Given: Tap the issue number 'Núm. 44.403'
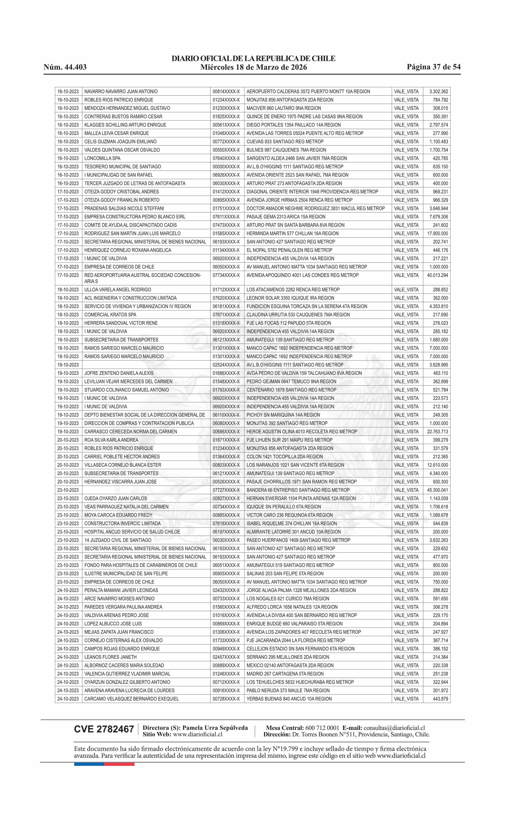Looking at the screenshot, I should [65, 67].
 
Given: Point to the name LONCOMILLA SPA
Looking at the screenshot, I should [102, 158].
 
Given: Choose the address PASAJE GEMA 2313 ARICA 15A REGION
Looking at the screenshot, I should [286, 217].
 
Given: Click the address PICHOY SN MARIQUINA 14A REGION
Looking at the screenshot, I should [283, 415].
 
